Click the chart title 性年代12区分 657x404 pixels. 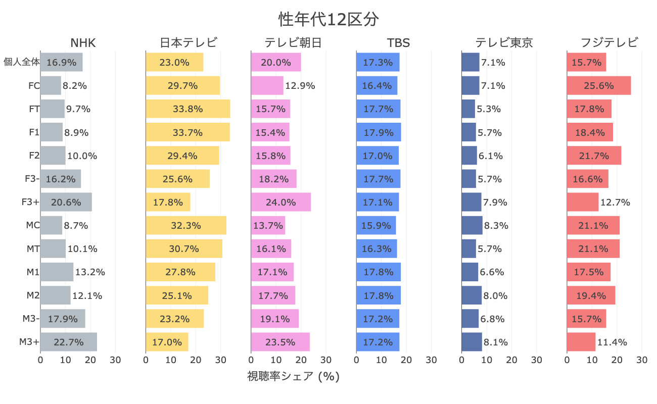pyautogui.click(x=329, y=19)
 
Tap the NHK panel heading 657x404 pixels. pyautogui.click(x=83, y=43)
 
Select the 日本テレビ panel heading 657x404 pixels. pyautogui.click(x=188, y=43)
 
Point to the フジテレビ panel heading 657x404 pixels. pyautogui.click(x=609, y=43)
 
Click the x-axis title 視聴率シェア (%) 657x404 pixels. pyautogui.click(x=293, y=377)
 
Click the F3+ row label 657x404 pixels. pyautogui.click(x=30, y=202)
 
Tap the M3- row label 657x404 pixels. pyautogui.click(x=31, y=319)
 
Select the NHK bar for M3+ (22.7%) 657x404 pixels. pyautogui.click(x=68, y=342)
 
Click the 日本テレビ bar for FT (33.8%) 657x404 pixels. pyautogui.click(x=187, y=109)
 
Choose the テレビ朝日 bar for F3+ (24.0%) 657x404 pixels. pyautogui.click(x=280, y=202)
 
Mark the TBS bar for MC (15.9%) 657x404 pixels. pyautogui.click(x=376, y=225)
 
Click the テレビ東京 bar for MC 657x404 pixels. pyautogui.click(x=472, y=225)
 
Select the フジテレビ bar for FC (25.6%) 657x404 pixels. pyautogui.click(x=598, y=86)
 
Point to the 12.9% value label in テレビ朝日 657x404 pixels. pyautogui.click(x=300, y=86)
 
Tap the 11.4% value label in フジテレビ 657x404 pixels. pyautogui.click(x=612, y=342)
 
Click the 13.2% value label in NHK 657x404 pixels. pyautogui.click(x=90, y=272)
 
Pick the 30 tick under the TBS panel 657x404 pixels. pyautogui.click(x=431, y=360)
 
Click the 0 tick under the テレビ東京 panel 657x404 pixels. pyautogui.click(x=462, y=360)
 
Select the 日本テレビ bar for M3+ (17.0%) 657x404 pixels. pyautogui.click(x=167, y=342)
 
